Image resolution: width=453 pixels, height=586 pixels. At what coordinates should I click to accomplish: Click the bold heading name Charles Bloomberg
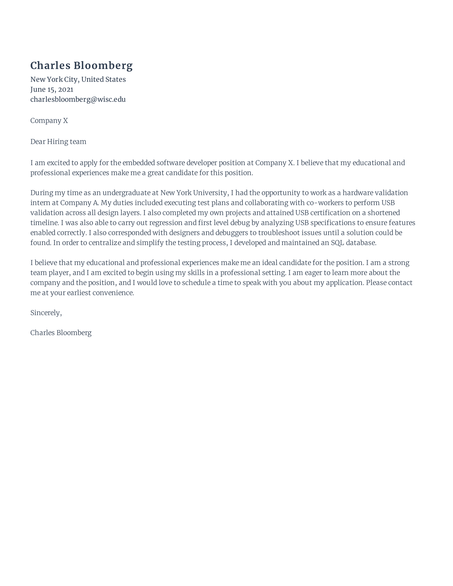(81, 66)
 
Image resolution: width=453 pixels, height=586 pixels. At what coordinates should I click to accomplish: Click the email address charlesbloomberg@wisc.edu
(78, 100)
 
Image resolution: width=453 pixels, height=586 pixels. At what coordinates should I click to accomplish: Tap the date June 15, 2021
(51, 89)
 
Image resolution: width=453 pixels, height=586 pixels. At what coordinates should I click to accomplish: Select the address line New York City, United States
(78, 79)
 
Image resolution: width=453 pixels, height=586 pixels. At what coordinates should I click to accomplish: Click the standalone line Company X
(49, 121)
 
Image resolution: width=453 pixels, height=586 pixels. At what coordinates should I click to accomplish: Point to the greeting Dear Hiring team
(58, 142)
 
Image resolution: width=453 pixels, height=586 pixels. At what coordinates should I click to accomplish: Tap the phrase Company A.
(79, 203)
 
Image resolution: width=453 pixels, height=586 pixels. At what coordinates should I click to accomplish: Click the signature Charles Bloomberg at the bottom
(61, 333)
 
